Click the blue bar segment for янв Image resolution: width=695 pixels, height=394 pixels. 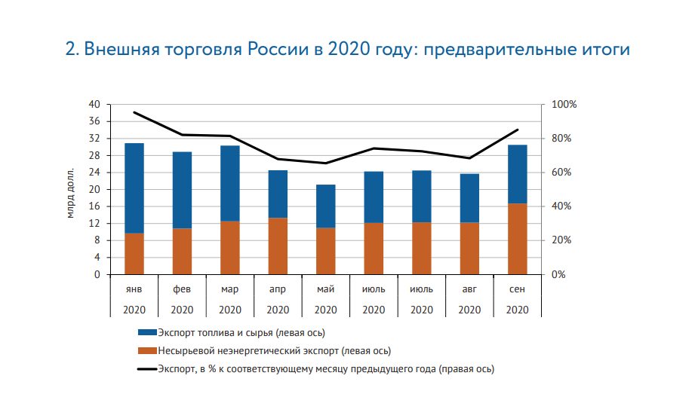tap(134, 188)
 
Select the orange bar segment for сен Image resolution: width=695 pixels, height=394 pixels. tap(518, 239)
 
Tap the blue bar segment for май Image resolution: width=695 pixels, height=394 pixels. tap(326, 206)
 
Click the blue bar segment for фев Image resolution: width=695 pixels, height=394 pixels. tap(182, 190)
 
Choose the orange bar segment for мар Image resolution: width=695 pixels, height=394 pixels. tap(230, 247)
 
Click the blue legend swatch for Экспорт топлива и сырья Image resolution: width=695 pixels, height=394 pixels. tap(147, 332)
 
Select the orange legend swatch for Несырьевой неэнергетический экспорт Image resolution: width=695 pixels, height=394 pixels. tap(147, 350)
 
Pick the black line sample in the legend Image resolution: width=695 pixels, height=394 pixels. tap(147, 369)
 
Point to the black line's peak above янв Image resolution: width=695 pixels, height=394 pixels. tap(134, 112)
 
